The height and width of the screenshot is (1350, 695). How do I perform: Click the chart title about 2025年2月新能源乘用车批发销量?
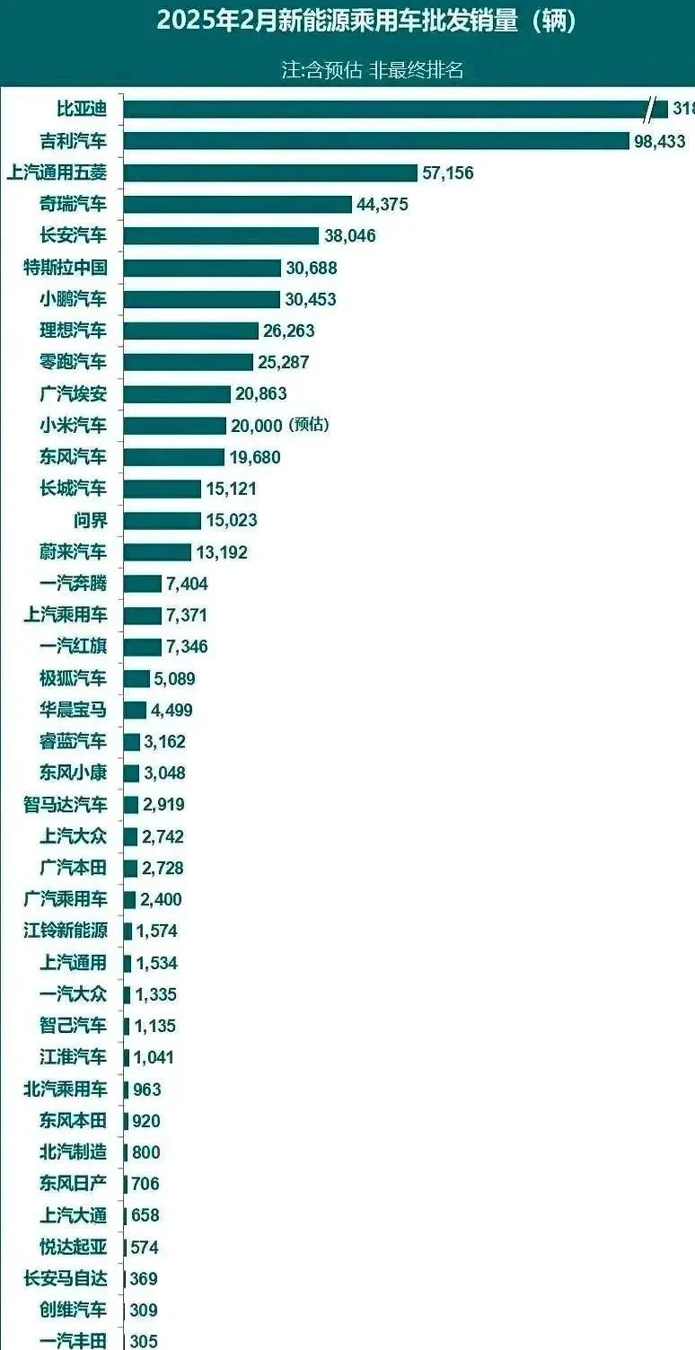tap(365, 22)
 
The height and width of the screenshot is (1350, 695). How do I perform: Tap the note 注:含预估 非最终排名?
tap(372, 70)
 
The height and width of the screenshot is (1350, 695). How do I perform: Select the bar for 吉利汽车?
tap(376, 141)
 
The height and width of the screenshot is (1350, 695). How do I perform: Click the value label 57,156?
tap(447, 173)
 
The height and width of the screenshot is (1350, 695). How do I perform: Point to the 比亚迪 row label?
tap(81, 110)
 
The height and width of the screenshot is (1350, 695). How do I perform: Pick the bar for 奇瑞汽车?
tap(237, 204)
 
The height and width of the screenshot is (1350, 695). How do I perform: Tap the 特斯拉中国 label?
tap(66, 268)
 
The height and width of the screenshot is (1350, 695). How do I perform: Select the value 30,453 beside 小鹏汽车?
tap(311, 299)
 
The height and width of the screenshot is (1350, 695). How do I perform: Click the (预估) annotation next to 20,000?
tap(309, 425)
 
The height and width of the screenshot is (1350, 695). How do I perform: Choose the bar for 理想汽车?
tap(190, 331)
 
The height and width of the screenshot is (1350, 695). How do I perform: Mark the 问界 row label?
tap(90, 520)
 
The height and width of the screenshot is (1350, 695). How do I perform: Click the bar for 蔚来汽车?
tap(157, 551)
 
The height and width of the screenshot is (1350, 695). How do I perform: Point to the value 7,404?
tap(187, 584)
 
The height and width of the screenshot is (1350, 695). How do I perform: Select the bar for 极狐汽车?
tap(136, 678)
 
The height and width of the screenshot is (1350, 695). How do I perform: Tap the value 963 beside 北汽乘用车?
tap(146, 1090)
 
